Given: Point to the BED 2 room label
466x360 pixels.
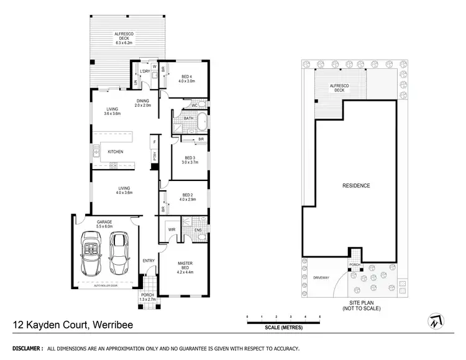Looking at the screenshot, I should click(x=188, y=197).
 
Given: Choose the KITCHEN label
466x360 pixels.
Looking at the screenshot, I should click(x=116, y=152).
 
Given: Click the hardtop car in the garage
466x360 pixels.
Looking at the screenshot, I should click(x=118, y=253).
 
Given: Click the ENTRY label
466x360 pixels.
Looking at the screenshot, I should click(x=148, y=261).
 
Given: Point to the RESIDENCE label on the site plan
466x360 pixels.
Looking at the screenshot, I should click(x=356, y=185).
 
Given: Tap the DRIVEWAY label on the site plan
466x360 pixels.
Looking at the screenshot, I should click(x=321, y=278).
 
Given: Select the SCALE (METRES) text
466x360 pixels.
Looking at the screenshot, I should click(x=283, y=327).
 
